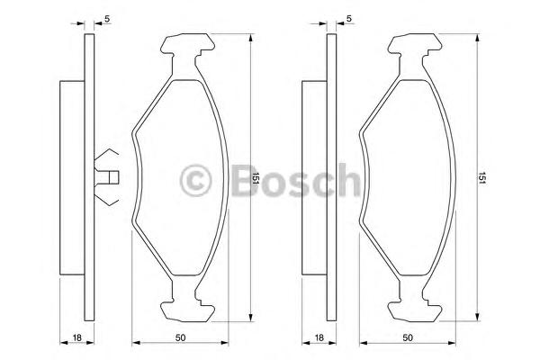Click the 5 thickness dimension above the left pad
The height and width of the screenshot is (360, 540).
click(x=107, y=17)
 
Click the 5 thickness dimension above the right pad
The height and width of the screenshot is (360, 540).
click(x=348, y=17)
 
